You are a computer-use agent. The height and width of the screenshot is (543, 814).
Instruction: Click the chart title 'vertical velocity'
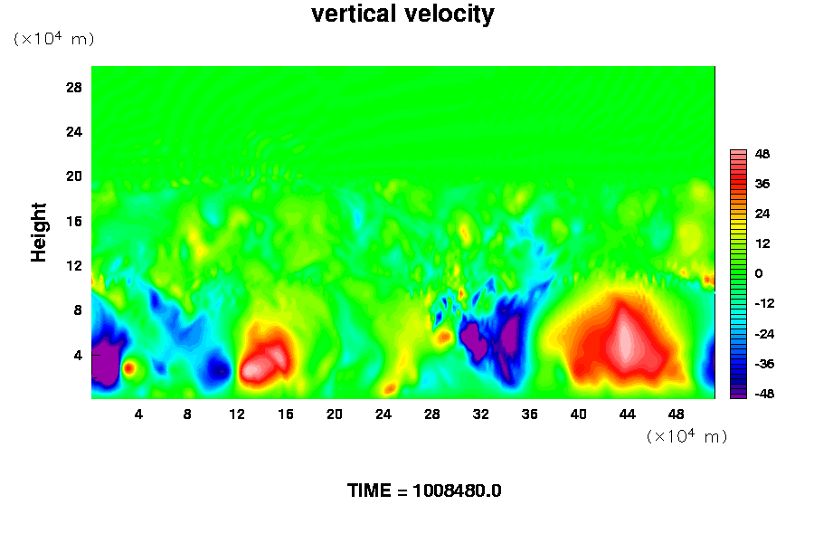402,14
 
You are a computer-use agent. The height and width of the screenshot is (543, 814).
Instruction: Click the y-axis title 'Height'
38,233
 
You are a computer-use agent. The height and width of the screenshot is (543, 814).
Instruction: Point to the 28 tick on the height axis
74,87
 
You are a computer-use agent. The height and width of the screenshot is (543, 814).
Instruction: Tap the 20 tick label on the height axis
74,176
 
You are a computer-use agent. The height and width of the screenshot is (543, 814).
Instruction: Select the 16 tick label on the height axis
74,222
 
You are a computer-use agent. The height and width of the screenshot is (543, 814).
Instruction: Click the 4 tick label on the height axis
78,356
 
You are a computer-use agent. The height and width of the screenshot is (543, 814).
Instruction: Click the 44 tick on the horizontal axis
627,414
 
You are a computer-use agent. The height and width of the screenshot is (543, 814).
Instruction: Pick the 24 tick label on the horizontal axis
383,414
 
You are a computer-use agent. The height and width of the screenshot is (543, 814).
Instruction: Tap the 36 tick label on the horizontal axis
529,414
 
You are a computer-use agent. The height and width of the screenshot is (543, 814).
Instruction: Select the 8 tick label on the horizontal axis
187,414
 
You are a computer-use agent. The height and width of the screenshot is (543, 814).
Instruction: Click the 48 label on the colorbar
762,154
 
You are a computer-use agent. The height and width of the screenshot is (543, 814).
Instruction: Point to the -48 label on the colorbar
764,394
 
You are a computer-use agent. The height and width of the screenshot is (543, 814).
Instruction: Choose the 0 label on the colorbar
759,273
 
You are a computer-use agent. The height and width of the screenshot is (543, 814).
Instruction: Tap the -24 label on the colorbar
764,334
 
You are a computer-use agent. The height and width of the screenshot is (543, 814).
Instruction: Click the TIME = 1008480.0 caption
424,491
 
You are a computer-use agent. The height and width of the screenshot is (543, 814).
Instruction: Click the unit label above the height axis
54,39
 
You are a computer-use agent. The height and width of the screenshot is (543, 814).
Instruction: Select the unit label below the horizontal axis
686,436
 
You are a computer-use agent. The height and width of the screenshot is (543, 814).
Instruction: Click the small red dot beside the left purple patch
128,368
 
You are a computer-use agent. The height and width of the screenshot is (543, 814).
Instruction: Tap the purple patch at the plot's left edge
106,361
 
